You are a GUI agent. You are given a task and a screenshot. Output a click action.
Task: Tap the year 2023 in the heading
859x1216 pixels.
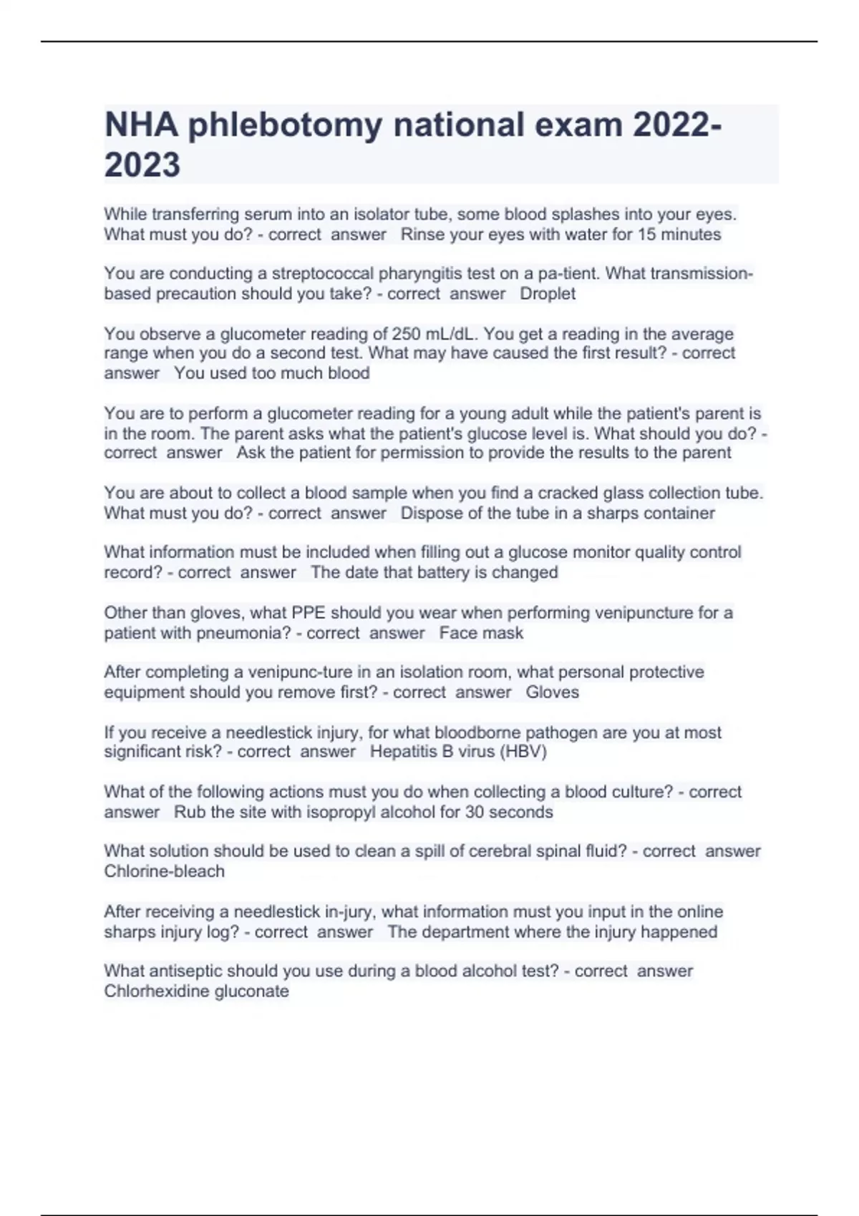[142, 165]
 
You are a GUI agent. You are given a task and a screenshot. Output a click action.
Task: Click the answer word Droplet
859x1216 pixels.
[548, 294]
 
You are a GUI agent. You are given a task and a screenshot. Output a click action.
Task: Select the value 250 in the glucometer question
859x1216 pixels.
[406, 334]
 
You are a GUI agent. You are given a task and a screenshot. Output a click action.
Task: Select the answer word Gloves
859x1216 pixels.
[552, 692]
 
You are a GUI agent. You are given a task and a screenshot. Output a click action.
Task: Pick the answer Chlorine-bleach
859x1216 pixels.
[164, 872]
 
